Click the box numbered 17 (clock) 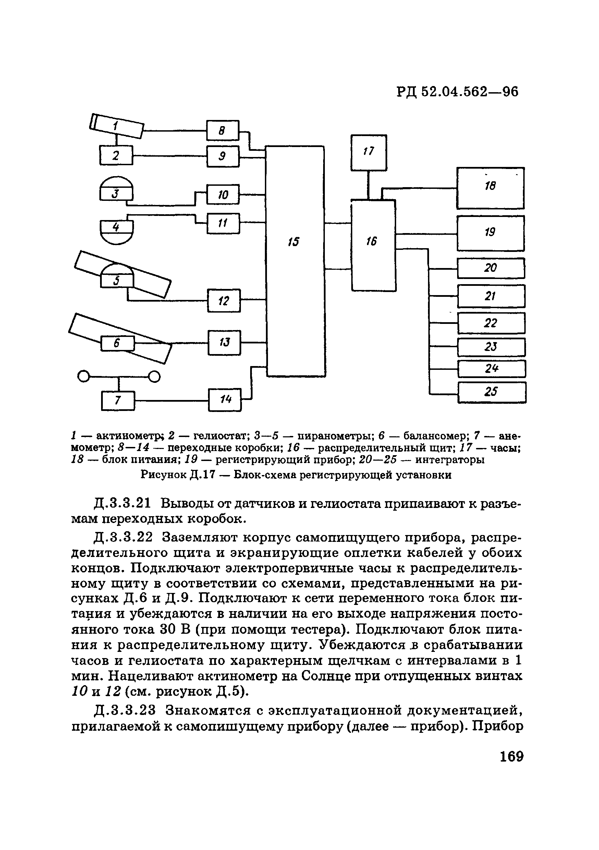coord(369,152)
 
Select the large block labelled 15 coord(295,261)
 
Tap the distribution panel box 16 coord(373,245)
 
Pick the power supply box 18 coord(490,188)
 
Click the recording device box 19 coord(490,233)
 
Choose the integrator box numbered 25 coord(492,392)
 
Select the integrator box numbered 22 coord(491,323)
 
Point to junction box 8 coord(222,130)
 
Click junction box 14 coord(225,399)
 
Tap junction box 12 coord(224,301)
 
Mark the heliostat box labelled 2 coord(116,155)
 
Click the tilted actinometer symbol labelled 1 coord(116,126)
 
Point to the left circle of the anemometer coord(84,377)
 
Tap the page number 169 coord(511,756)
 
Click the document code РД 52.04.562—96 coord(457,92)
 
